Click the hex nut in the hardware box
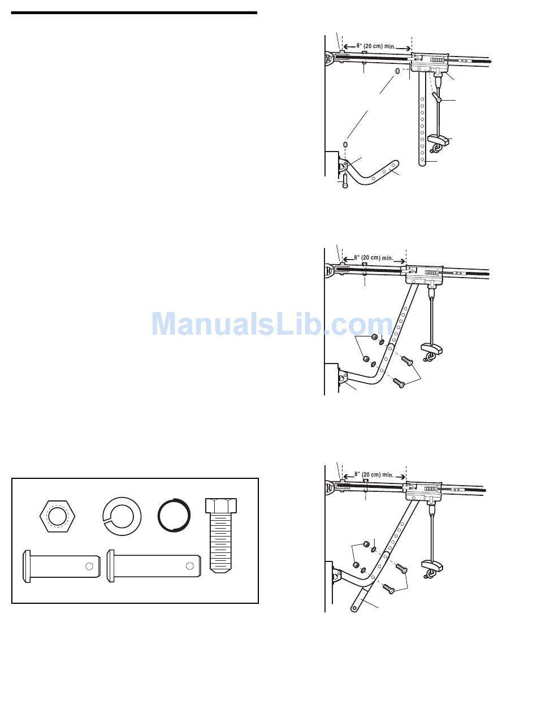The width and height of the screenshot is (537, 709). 57,517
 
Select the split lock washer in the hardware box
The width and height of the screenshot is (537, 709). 122,517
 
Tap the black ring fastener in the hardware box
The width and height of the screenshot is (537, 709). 174,517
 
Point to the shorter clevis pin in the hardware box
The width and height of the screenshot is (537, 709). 60,565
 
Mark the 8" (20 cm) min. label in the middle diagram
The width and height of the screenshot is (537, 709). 374,258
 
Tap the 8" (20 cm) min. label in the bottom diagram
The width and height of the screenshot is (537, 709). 374,474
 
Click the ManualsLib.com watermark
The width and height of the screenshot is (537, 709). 272,325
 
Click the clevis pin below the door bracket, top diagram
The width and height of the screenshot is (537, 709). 345,183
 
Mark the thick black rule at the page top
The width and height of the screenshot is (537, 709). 134,12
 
